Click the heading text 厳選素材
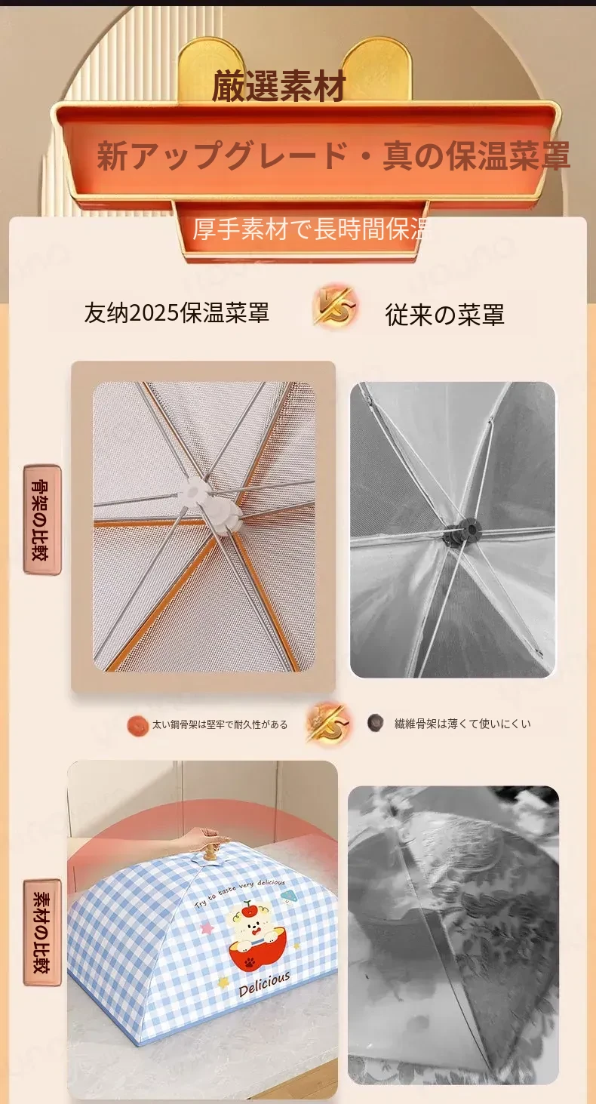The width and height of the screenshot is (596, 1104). (278, 86)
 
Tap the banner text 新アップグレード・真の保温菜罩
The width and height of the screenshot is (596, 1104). (333, 155)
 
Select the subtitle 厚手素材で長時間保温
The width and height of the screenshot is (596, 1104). (310, 229)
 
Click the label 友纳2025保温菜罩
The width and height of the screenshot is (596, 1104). (177, 312)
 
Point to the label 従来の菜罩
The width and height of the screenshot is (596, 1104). (445, 315)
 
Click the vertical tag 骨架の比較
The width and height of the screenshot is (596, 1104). (42, 519)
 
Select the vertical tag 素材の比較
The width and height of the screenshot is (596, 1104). (42, 932)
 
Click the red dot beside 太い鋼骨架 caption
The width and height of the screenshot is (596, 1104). (137, 725)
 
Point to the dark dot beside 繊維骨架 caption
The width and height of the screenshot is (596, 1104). (376, 722)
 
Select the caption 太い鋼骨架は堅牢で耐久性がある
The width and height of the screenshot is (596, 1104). (220, 724)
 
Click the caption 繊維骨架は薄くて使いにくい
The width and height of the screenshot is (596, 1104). (462, 724)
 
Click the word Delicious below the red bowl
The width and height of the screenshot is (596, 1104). (264, 984)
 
